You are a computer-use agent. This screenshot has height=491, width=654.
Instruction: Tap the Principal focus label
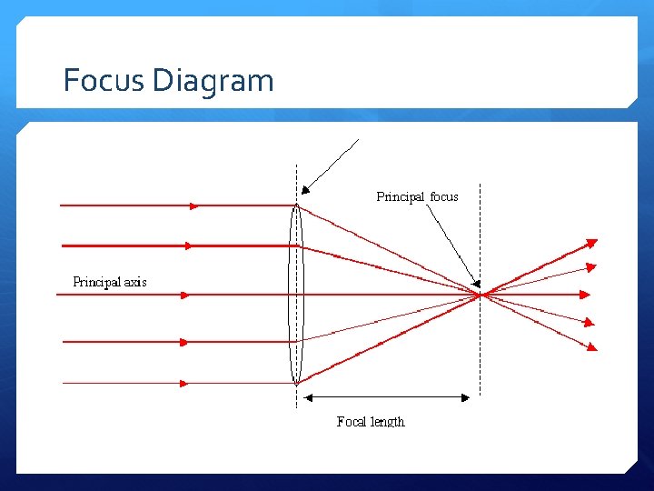pos(417,196)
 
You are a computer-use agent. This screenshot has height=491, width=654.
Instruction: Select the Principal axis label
pos(109,282)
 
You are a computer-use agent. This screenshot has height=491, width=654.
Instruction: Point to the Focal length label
pos(370,421)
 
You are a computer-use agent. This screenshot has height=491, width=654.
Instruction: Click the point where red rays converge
pos(480,295)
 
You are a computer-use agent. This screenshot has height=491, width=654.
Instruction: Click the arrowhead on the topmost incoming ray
pos(193,206)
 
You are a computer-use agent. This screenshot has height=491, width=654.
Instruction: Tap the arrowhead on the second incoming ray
pos(187,245)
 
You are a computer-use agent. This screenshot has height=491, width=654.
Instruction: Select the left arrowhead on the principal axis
pos(183,295)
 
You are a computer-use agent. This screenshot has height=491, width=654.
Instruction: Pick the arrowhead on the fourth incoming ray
pos(183,342)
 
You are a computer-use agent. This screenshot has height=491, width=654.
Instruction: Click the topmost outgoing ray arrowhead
pos(591,242)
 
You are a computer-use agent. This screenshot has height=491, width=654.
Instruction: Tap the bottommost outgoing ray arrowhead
pos(592,346)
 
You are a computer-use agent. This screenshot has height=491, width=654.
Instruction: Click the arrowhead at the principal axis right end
pos(586,295)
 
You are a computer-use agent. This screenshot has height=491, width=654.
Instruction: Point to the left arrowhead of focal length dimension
pos(307,396)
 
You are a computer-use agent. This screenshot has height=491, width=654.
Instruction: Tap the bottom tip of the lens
pos(296,383)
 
